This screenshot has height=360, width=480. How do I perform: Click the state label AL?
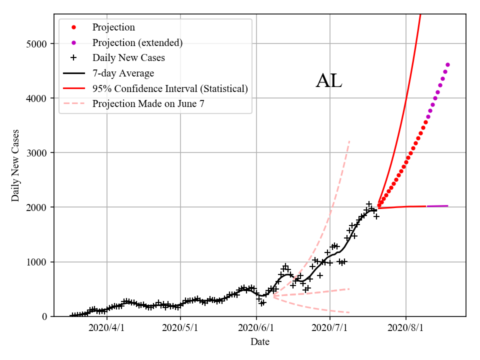pos(329,81)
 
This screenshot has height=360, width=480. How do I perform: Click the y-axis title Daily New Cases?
pos(15,165)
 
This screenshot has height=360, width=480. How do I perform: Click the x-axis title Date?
pos(260,342)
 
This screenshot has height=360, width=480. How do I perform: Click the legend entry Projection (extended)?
pos(137,43)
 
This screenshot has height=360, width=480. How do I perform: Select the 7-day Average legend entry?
pos(123,73)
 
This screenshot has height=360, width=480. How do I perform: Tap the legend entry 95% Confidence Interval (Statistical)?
pos(170,89)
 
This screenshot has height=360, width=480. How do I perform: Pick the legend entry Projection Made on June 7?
pos(148,104)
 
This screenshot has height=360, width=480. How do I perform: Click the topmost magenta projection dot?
pos(447,64)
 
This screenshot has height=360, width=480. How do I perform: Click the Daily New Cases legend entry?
pos(128,58)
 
